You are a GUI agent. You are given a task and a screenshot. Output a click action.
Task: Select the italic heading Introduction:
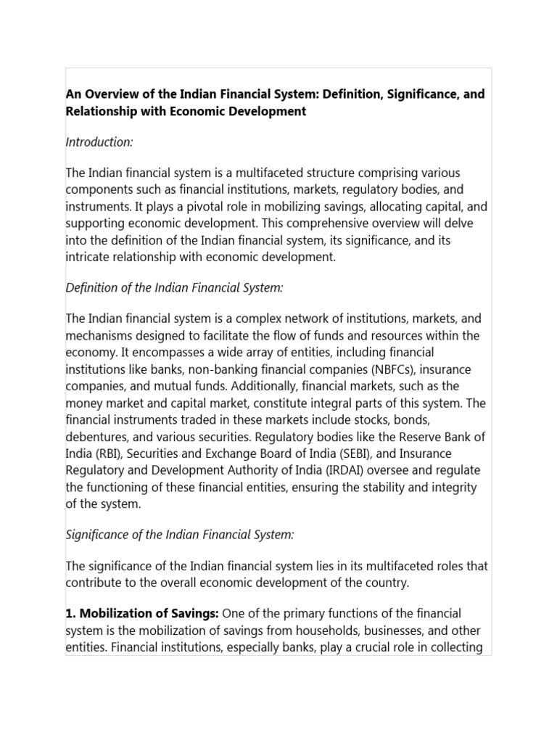(x=99, y=142)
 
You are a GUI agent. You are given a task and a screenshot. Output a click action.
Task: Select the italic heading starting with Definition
(x=174, y=288)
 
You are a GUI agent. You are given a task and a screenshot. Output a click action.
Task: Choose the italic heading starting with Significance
(x=180, y=535)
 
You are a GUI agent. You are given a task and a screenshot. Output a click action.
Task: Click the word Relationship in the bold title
(x=102, y=111)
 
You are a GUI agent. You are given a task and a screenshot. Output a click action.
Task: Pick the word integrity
(x=453, y=486)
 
